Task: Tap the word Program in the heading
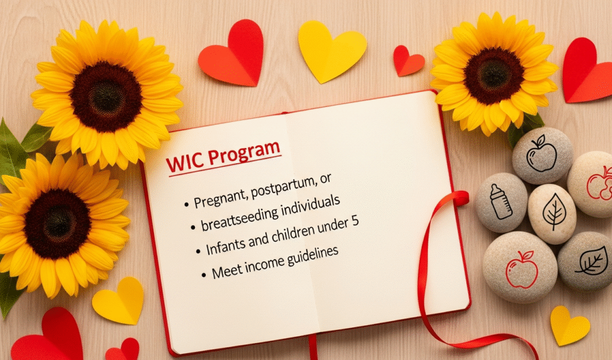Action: pos(244,153)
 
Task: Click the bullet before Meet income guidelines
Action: pos(203,275)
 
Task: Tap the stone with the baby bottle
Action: pos(502,202)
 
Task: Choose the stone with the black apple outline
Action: pos(542,155)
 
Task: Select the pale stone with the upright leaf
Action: pos(552,213)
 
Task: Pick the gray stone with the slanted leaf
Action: pos(586,261)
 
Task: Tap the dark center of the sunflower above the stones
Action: pos(494,76)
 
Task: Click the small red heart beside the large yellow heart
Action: pos(408,61)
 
